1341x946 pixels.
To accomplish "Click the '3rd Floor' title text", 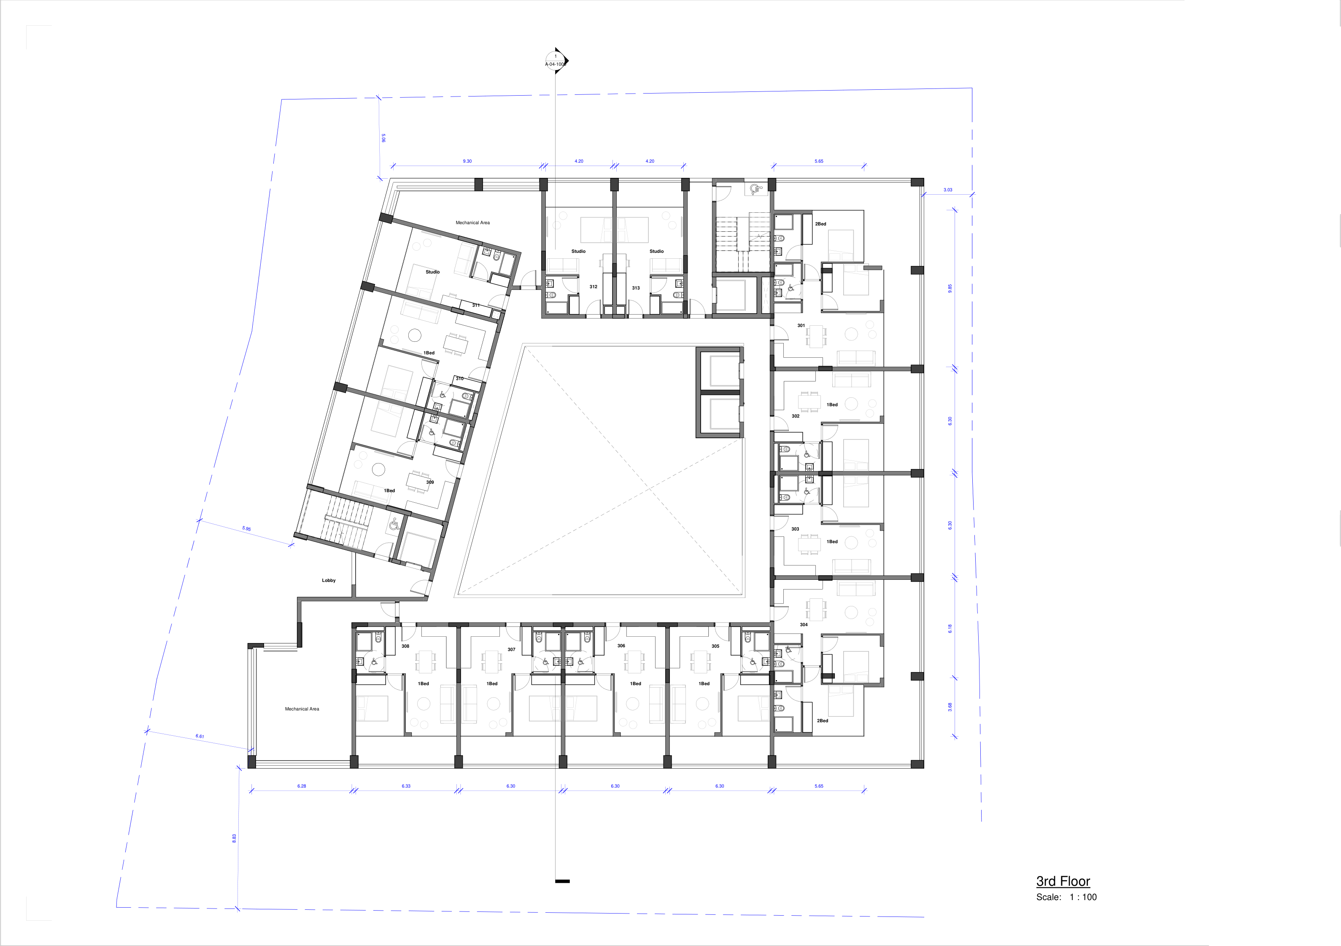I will (1063, 881).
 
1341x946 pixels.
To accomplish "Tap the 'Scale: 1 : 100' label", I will (1066, 897).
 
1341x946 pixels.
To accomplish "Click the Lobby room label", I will (329, 580).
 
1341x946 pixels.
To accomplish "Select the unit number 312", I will (594, 287).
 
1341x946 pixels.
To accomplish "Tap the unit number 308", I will (405, 646).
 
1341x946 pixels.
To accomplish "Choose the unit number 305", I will (715, 646).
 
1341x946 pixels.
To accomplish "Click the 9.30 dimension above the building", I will (467, 161).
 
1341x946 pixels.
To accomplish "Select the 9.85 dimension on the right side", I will (950, 288).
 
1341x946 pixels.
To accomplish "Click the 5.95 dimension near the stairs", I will (246, 529).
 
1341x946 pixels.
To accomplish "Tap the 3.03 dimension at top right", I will (947, 190).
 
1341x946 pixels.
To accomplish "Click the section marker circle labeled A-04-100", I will (556, 61).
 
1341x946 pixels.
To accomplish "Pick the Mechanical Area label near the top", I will (472, 222).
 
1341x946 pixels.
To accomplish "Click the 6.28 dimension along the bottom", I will (301, 786).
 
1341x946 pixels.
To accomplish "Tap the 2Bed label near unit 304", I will (822, 721).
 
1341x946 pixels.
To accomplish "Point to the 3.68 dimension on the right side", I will (950, 707).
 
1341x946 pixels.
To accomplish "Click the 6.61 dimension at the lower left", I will (200, 737).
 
